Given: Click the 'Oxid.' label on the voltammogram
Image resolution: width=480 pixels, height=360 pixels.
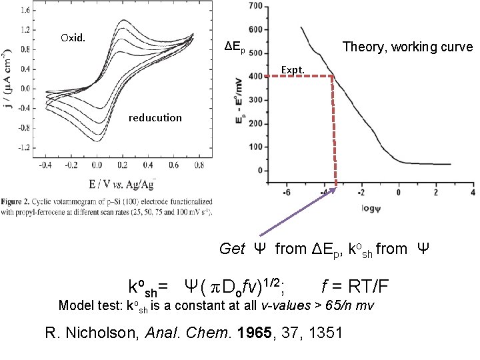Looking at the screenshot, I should coord(73,37).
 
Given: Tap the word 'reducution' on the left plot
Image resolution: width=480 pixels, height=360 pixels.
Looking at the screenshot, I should coord(155,117).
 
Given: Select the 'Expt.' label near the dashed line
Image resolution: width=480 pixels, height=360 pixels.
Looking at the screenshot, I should coord(293,69).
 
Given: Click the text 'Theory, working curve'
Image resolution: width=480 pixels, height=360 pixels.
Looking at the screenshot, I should coord(407,47).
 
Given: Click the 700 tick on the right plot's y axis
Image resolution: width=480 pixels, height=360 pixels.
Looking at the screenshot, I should coord(254,6).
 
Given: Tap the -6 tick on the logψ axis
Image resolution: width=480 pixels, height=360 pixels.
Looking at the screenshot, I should coord(286,193).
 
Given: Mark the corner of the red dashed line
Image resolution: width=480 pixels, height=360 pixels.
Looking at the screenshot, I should coord(334,77).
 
